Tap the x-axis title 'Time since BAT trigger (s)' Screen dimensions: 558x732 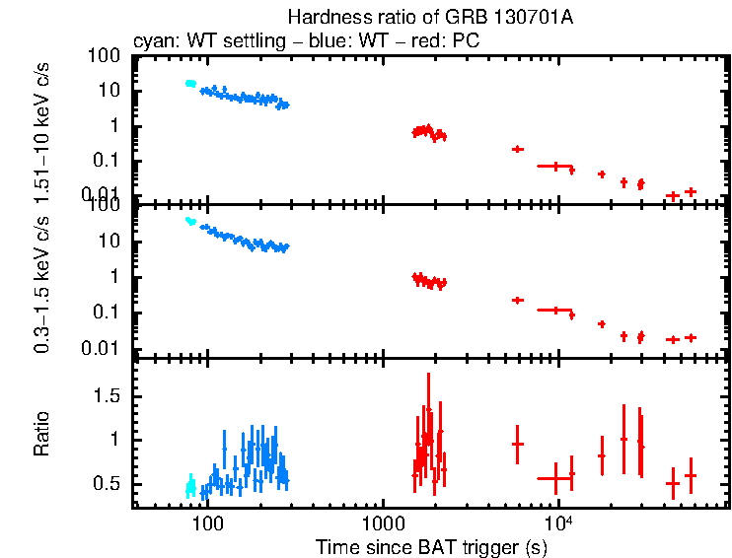(x=431, y=546)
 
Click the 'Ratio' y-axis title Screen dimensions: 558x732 (x=42, y=433)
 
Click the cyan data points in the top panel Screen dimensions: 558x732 (x=190, y=84)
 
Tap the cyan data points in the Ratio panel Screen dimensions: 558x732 (x=191, y=485)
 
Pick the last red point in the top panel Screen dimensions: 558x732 (x=691, y=191)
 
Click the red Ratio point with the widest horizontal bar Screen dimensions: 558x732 (x=554, y=478)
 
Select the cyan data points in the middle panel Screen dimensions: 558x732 (x=190, y=222)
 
